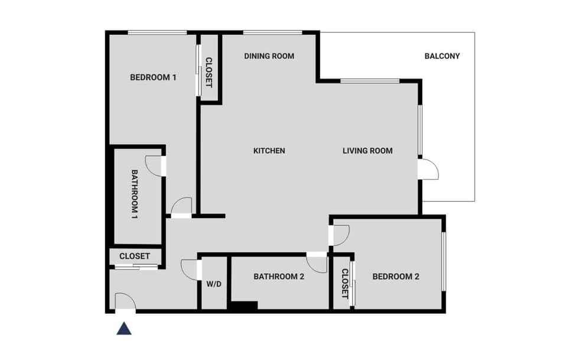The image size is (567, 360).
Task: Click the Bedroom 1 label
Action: pos(153,77)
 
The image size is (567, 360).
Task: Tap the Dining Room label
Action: pos(269,56)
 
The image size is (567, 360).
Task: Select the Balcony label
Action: pos(442,56)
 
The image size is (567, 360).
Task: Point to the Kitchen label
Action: pos(269,151)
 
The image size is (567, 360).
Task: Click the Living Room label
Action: pos(367,151)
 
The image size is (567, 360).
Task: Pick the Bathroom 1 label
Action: pos(135,194)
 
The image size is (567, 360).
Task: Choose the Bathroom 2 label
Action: pos(279,276)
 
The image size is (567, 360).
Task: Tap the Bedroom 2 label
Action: pos(396,276)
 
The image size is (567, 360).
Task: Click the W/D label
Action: pos(214,284)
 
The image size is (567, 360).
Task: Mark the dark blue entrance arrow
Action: pos(124,328)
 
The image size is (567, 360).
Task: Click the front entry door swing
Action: pos(125,301)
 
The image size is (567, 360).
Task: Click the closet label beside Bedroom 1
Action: pos(208,72)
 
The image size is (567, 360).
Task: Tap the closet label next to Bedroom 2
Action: pos(344,284)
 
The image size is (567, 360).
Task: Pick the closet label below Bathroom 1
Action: pos(135,257)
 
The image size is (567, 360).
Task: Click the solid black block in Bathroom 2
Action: pos(243,306)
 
